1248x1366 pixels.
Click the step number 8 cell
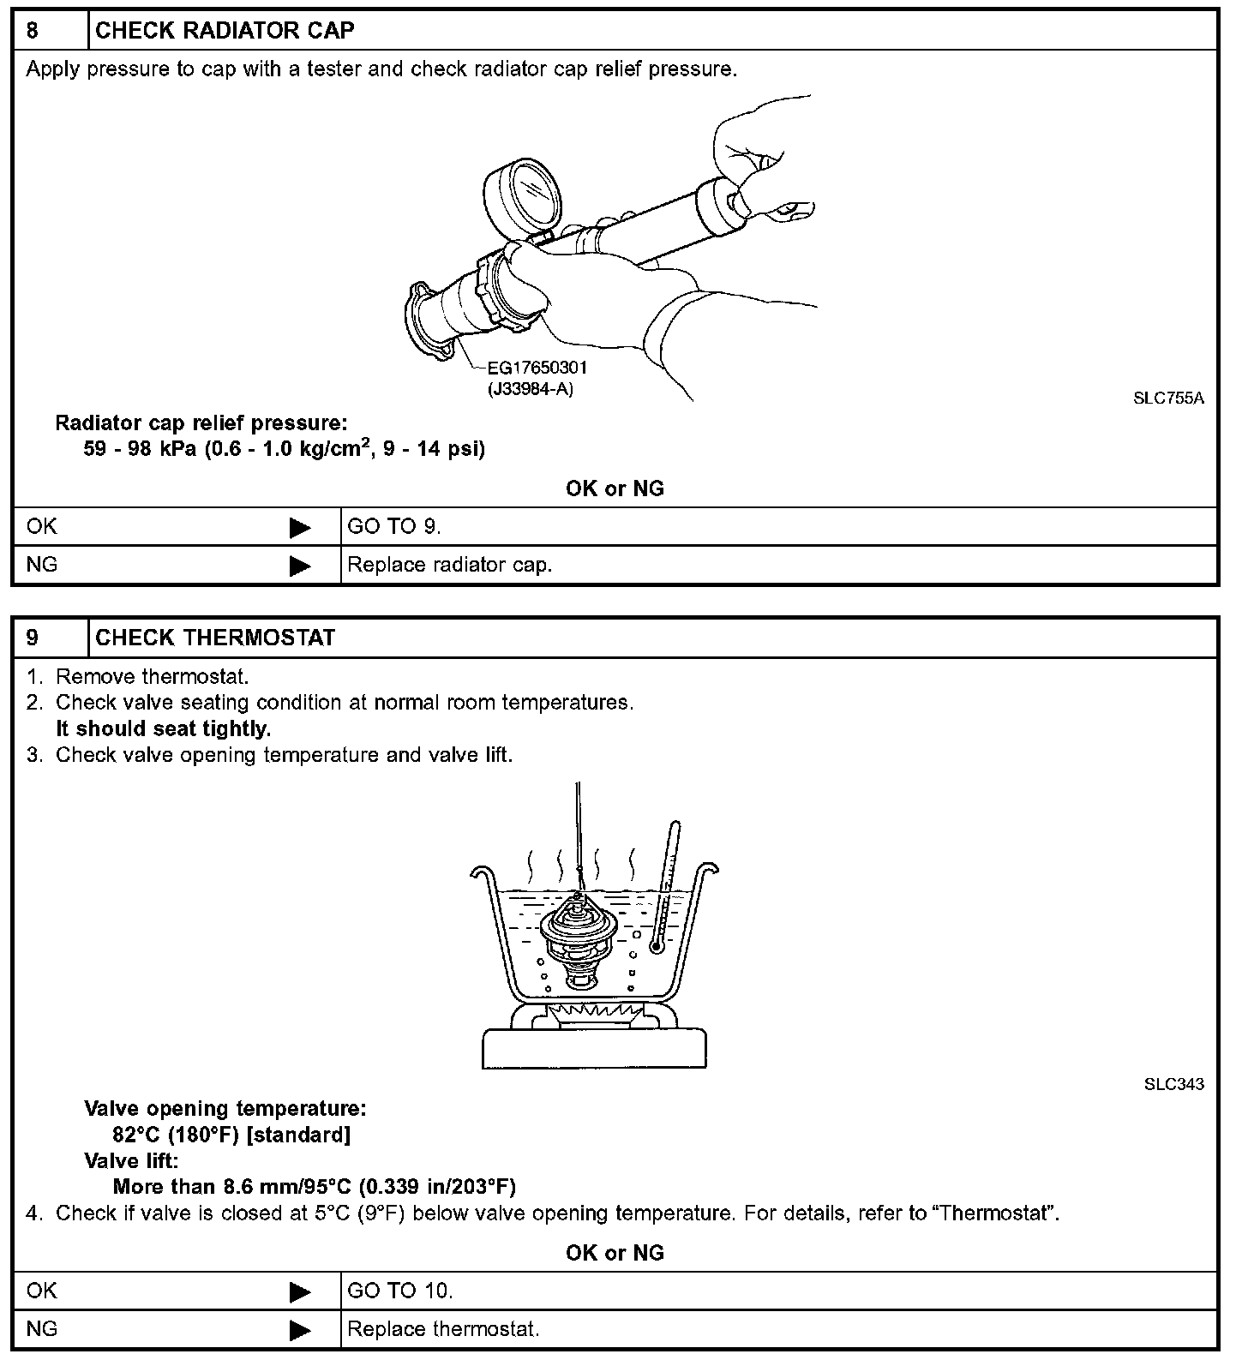tap(50, 31)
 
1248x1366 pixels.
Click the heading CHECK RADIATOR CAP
tap(225, 31)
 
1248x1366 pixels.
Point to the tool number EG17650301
tap(537, 368)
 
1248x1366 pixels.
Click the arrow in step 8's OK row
tap(300, 527)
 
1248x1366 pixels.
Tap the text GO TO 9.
tap(394, 527)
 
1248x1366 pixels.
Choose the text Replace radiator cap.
tap(450, 566)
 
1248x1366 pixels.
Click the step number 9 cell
tap(50, 638)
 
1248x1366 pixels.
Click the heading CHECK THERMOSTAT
tap(215, 638)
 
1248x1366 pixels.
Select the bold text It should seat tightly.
tap(163, 729)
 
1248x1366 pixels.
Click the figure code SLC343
tap(1173, 1084)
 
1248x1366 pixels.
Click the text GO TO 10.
tap(400, 1291)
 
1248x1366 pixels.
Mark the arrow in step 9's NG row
tap(300, 1330)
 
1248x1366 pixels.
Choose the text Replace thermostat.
tap(443, 1330)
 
